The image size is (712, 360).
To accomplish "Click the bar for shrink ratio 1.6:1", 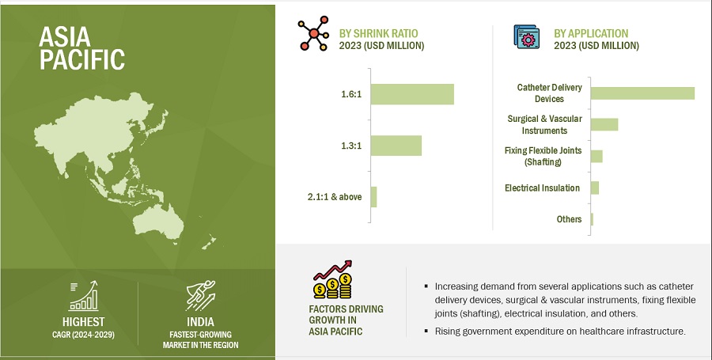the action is click(412, 94).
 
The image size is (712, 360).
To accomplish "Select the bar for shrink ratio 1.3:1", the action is click(396, 146).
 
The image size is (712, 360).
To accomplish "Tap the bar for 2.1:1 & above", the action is click(373, 197).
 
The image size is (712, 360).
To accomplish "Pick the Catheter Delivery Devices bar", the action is click(642, 93).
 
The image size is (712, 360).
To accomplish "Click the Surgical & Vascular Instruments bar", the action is click(604, 124).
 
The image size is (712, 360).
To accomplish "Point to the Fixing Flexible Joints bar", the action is click(596, 156).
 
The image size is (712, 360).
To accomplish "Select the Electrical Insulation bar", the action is click(595, 188).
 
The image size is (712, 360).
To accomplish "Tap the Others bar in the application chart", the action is click(592, 219).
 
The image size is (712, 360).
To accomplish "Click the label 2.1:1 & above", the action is click(335, 197).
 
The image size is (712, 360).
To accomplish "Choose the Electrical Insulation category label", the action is click(542, 188).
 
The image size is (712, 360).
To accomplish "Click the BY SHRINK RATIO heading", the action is click(379, 33).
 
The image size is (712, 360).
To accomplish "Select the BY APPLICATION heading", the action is click(591, 33).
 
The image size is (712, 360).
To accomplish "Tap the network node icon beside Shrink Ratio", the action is click(313, 33).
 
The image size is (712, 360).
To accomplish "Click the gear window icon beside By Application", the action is click(527, 36).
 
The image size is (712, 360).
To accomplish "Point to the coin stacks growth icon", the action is click(333, 279).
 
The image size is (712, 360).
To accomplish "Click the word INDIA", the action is click(200, 322).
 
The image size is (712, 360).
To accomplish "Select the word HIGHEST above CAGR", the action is click(84, 322).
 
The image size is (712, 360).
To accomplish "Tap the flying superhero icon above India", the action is click(201, 296).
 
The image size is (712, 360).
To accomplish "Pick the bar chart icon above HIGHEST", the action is click(84, 296).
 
